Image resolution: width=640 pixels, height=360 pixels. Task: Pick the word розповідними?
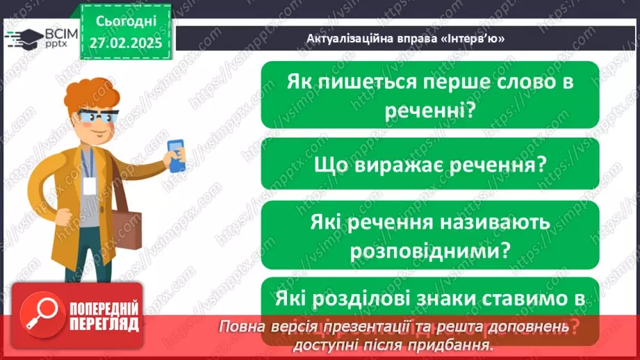pos(430,249)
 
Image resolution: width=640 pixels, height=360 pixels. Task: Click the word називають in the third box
pos(496,222)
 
